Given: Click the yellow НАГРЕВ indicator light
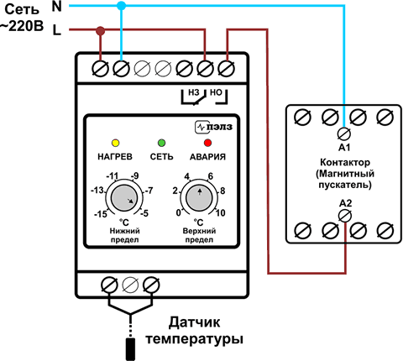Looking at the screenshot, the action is click(x=115, y=143).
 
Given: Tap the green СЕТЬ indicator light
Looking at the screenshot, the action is click(x=162, y=143).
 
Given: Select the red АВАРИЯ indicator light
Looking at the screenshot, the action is click(x=207, y=143).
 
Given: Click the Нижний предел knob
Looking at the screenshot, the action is click(x=124, y=198).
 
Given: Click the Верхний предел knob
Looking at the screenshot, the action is click(x=199, y=198).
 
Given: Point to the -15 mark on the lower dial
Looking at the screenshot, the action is click(x=101, y=214).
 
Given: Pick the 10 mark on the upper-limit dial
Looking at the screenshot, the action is click(x=221, y=213).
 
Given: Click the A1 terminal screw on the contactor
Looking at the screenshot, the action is click(x=344, y=134).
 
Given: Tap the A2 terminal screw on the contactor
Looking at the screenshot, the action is click(x=345, y=216).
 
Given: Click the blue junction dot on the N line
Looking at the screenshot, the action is click(x=121, y=5).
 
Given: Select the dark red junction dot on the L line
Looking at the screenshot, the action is click(x=100, y=30).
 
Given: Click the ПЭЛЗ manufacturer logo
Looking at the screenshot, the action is click(x=214, y=127).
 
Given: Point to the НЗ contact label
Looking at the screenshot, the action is click(x=194, y=92).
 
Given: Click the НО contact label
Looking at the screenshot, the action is click(x=216, y=92).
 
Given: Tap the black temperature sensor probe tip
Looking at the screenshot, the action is click(x=130, y=349).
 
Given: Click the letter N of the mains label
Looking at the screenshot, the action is click(x=57, y=6).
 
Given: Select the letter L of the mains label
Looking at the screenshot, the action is click(x=57, y=30).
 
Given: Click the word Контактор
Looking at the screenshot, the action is click(x=345, y=162).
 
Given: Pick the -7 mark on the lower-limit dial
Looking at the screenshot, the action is click(x=149, y=191).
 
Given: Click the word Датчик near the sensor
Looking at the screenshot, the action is click(x=194, y=322).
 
